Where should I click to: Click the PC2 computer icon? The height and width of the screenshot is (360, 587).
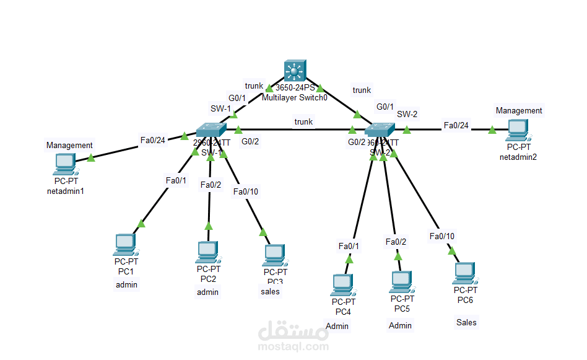[207, 252]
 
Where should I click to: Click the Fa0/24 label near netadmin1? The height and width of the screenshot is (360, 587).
[153, 140]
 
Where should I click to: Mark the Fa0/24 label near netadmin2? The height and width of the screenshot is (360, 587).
[456, 126]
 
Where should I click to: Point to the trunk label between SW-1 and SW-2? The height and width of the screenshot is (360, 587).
[303, 121]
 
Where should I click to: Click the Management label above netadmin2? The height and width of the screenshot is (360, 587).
[519, 110]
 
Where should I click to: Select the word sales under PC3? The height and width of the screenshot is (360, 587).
[270, 292]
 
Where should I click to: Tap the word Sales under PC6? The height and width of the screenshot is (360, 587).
[466, 322]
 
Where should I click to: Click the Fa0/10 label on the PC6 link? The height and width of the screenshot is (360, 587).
[442, 236]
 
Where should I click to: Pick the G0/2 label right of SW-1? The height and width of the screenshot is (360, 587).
[250, 141]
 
